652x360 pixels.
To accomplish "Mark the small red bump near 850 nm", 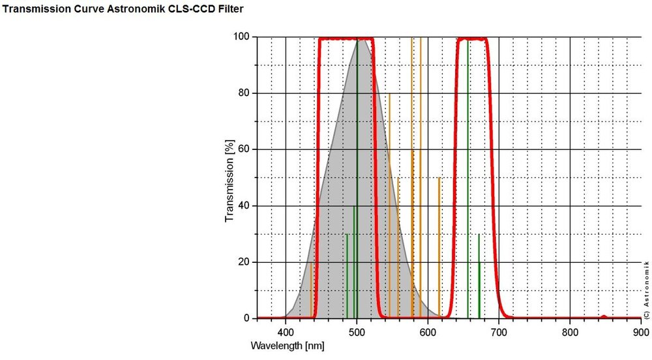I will (x=604, y=316).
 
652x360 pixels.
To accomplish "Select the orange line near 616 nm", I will (x=439, y=248).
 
